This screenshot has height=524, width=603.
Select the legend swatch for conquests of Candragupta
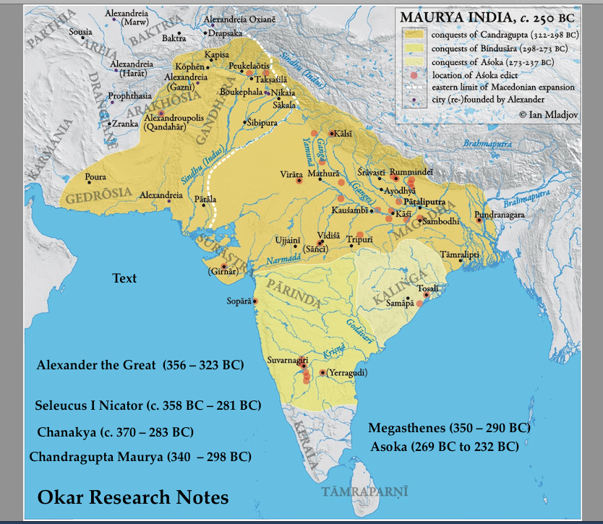[x=414, y=34]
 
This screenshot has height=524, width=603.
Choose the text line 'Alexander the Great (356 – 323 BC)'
[x=140, y=365]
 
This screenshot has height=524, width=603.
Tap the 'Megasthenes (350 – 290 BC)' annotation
[x=449, y=428]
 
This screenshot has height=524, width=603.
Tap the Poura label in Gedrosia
[x=95, y=176]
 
